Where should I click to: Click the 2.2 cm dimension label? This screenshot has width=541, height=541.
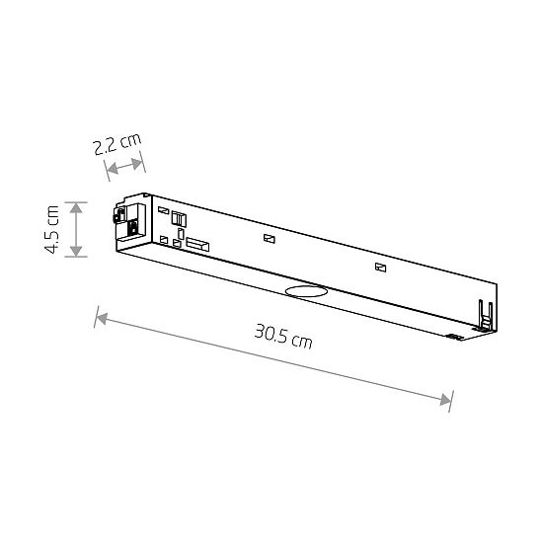tap(117, 144)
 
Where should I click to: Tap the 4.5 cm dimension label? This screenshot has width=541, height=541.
tap(52, 229)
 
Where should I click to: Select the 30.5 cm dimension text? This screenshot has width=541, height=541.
tap(283, 337)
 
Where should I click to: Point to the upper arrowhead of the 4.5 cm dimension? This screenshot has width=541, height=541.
tap(76, 207)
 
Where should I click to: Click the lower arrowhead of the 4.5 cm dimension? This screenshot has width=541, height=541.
tap(76, 251)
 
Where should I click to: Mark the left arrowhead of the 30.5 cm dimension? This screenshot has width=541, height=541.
tap(102, 319)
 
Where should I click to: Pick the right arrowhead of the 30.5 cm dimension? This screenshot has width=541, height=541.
tap(445, 400)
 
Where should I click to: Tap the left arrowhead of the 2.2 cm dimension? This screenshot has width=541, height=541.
tap(113, 169)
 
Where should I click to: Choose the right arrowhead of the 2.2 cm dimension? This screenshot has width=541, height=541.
tap(137, 163)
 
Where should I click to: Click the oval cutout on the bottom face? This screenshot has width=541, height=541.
tap(306, 291)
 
